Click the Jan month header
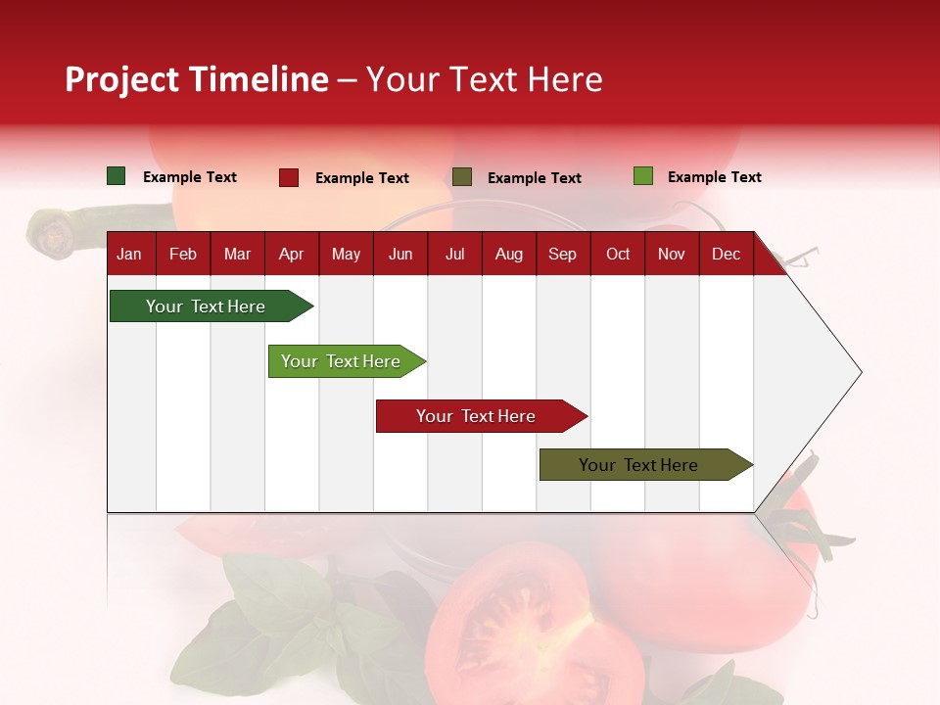click(129, 254)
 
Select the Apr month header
click(291, 254)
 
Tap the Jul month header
click(454, 254)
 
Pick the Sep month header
click(562, 254)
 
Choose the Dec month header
click(726, 254)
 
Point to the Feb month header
click(183, 254)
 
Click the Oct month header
click(618, 254)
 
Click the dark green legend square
click(117, 176)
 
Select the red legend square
click(289, 177)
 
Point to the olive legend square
click(462, 177)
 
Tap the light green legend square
click(642, 176)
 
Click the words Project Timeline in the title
click(197, 79)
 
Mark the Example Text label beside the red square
click(362, 178)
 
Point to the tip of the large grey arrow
click(859, 372)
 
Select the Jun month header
click(400, 254)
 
